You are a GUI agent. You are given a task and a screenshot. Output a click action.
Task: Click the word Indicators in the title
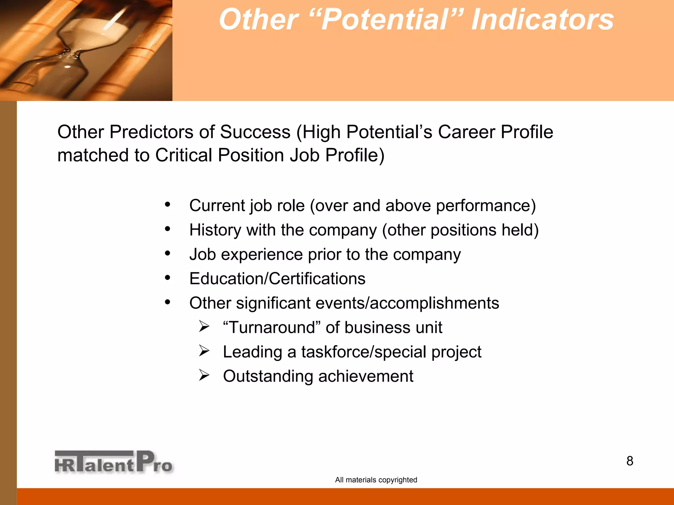coord(542,20)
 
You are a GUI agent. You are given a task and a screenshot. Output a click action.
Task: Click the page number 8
coord(630,461)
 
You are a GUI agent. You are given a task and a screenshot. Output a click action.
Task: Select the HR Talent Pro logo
coord(114,462)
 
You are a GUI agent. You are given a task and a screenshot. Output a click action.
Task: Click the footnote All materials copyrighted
coord(376,480)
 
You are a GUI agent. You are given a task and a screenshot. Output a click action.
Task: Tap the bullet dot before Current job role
coord(168,204)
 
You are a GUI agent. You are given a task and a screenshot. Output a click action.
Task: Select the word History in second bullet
coord(215,230)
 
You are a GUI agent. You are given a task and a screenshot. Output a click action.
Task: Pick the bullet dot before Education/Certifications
coord(168,278)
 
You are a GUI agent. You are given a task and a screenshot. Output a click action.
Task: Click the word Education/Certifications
coord(277,279)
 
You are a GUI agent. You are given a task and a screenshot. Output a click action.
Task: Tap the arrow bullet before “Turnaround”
coord(204,326)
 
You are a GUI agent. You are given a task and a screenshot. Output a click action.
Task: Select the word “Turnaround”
coord(272,327)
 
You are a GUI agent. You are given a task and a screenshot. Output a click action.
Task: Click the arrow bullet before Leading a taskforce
coord(204,351)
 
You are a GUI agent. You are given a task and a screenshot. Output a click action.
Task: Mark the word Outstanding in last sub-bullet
coord(268,376)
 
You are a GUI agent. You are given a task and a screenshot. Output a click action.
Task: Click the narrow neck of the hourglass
coord(73,53)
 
